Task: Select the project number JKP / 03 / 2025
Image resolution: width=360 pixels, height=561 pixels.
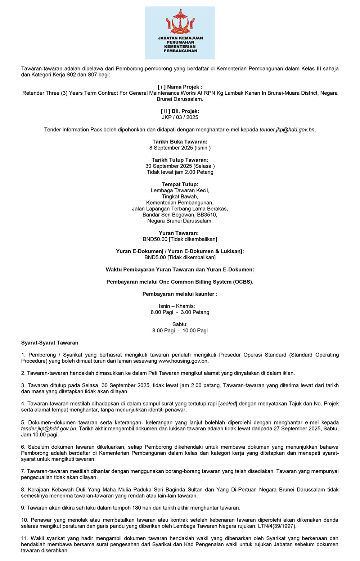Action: (180, 117)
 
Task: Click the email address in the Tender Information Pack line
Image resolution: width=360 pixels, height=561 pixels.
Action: (287, 130)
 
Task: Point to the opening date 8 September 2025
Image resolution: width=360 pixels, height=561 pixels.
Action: (171, 148)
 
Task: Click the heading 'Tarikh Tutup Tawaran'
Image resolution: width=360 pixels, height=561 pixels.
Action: (180, 160)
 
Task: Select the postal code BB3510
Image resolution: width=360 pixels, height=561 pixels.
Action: (207, 215)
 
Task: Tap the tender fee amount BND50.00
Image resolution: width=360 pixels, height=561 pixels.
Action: (155, 239)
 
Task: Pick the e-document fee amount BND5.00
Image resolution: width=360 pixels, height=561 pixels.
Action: (155, 257)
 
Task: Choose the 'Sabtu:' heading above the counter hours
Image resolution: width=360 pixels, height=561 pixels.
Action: (180, 324)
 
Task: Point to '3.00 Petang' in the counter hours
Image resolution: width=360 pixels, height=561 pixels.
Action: (195, 312)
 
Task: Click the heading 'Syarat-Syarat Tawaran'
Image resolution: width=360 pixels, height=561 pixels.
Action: (50, 343)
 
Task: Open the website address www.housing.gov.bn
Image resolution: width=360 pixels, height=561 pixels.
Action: (183, 361)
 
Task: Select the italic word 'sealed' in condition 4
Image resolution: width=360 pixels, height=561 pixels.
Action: (228, 404)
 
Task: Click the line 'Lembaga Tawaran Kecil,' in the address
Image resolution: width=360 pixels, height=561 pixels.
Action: (180, 190)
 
